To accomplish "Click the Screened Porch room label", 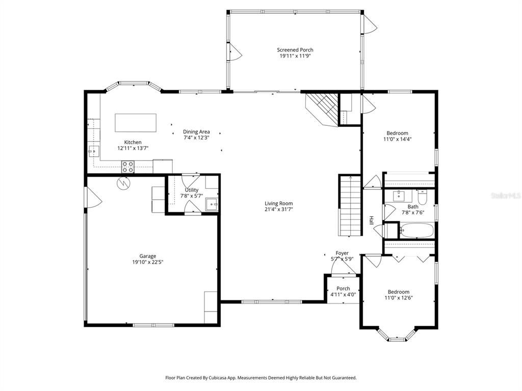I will tap(295, 50).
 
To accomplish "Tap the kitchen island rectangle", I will tap(136, 123).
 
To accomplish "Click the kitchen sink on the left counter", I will tap(93, 150).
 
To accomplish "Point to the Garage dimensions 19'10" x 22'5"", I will tap(148, 262).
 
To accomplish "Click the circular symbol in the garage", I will tap(123, 183).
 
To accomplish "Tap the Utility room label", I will tap(192, 190).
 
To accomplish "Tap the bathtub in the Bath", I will tap(416, 231).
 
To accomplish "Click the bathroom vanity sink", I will tap(400, 195).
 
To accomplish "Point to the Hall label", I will tap(371, 220).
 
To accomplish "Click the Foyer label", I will tap(342, 253).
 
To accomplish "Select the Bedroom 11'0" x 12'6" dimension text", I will tap(398, 298).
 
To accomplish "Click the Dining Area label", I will tap(196, 132).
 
